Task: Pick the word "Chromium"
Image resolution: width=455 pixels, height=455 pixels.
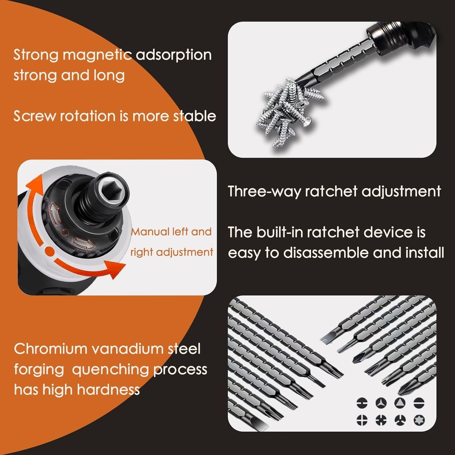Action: coord(50,349)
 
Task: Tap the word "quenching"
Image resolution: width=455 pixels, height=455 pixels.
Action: coord(110,370)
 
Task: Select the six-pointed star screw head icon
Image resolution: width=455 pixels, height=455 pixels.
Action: coord(419,420)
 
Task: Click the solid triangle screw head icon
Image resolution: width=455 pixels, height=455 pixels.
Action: coord(400,403)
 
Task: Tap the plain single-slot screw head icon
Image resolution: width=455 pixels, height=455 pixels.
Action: coord(419,403)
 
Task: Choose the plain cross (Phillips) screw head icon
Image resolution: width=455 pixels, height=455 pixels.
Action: coord(361,420)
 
